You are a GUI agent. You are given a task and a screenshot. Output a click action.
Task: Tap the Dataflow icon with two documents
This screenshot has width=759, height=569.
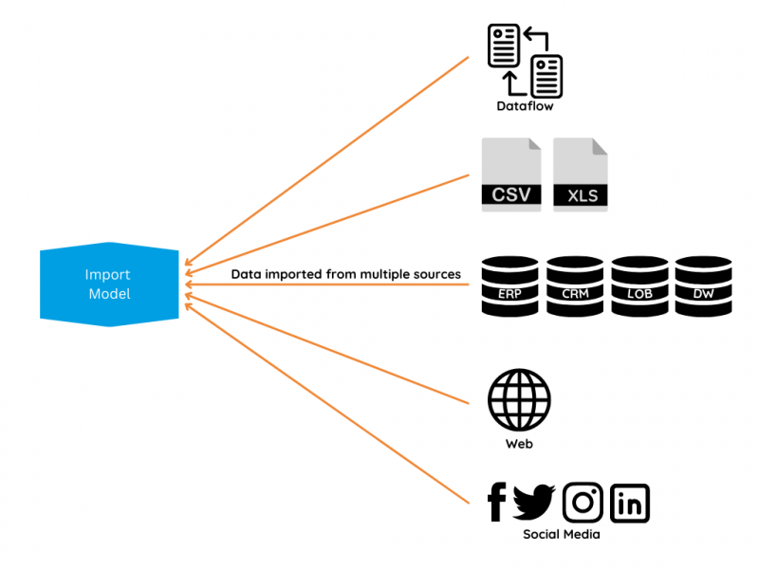click(x=525, y=60)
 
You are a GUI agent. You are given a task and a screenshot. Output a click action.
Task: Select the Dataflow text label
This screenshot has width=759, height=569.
click(x=525, y=106)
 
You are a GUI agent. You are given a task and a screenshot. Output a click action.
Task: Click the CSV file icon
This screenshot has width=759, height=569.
click(x=511, y=174)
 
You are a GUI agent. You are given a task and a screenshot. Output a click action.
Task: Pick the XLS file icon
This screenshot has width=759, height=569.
click(x=581, y=174)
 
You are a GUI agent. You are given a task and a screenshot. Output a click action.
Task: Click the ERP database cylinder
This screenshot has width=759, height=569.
click(x=510, y=284)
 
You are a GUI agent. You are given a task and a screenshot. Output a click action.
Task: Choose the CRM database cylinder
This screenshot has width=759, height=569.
click(x=575, y=284)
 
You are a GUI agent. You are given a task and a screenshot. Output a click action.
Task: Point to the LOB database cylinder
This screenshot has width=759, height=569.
click(x=639, y=284)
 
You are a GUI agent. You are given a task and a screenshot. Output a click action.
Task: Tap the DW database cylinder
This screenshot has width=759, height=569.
click(x=703, y=284)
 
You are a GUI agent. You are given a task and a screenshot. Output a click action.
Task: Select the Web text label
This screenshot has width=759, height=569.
click(x=519, y=443)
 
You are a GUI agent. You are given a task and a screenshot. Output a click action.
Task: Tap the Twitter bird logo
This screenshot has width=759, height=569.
click(x=534, y=502)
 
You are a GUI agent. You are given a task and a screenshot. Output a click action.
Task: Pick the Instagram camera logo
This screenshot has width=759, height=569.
click(x=583, y=503)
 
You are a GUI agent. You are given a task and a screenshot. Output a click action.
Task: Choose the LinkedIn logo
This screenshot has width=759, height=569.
click(x=630, y=503)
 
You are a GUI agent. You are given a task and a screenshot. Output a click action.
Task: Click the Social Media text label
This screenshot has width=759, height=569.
click(x=562, y=535)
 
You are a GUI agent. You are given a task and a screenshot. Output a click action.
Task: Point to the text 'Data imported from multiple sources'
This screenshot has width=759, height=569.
click(x=345, y=274)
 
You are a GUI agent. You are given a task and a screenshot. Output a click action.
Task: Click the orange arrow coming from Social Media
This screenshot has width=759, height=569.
click(x=327, y=397)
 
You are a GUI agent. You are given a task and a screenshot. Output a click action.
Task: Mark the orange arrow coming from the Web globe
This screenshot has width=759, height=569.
click(x=327, y=346)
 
